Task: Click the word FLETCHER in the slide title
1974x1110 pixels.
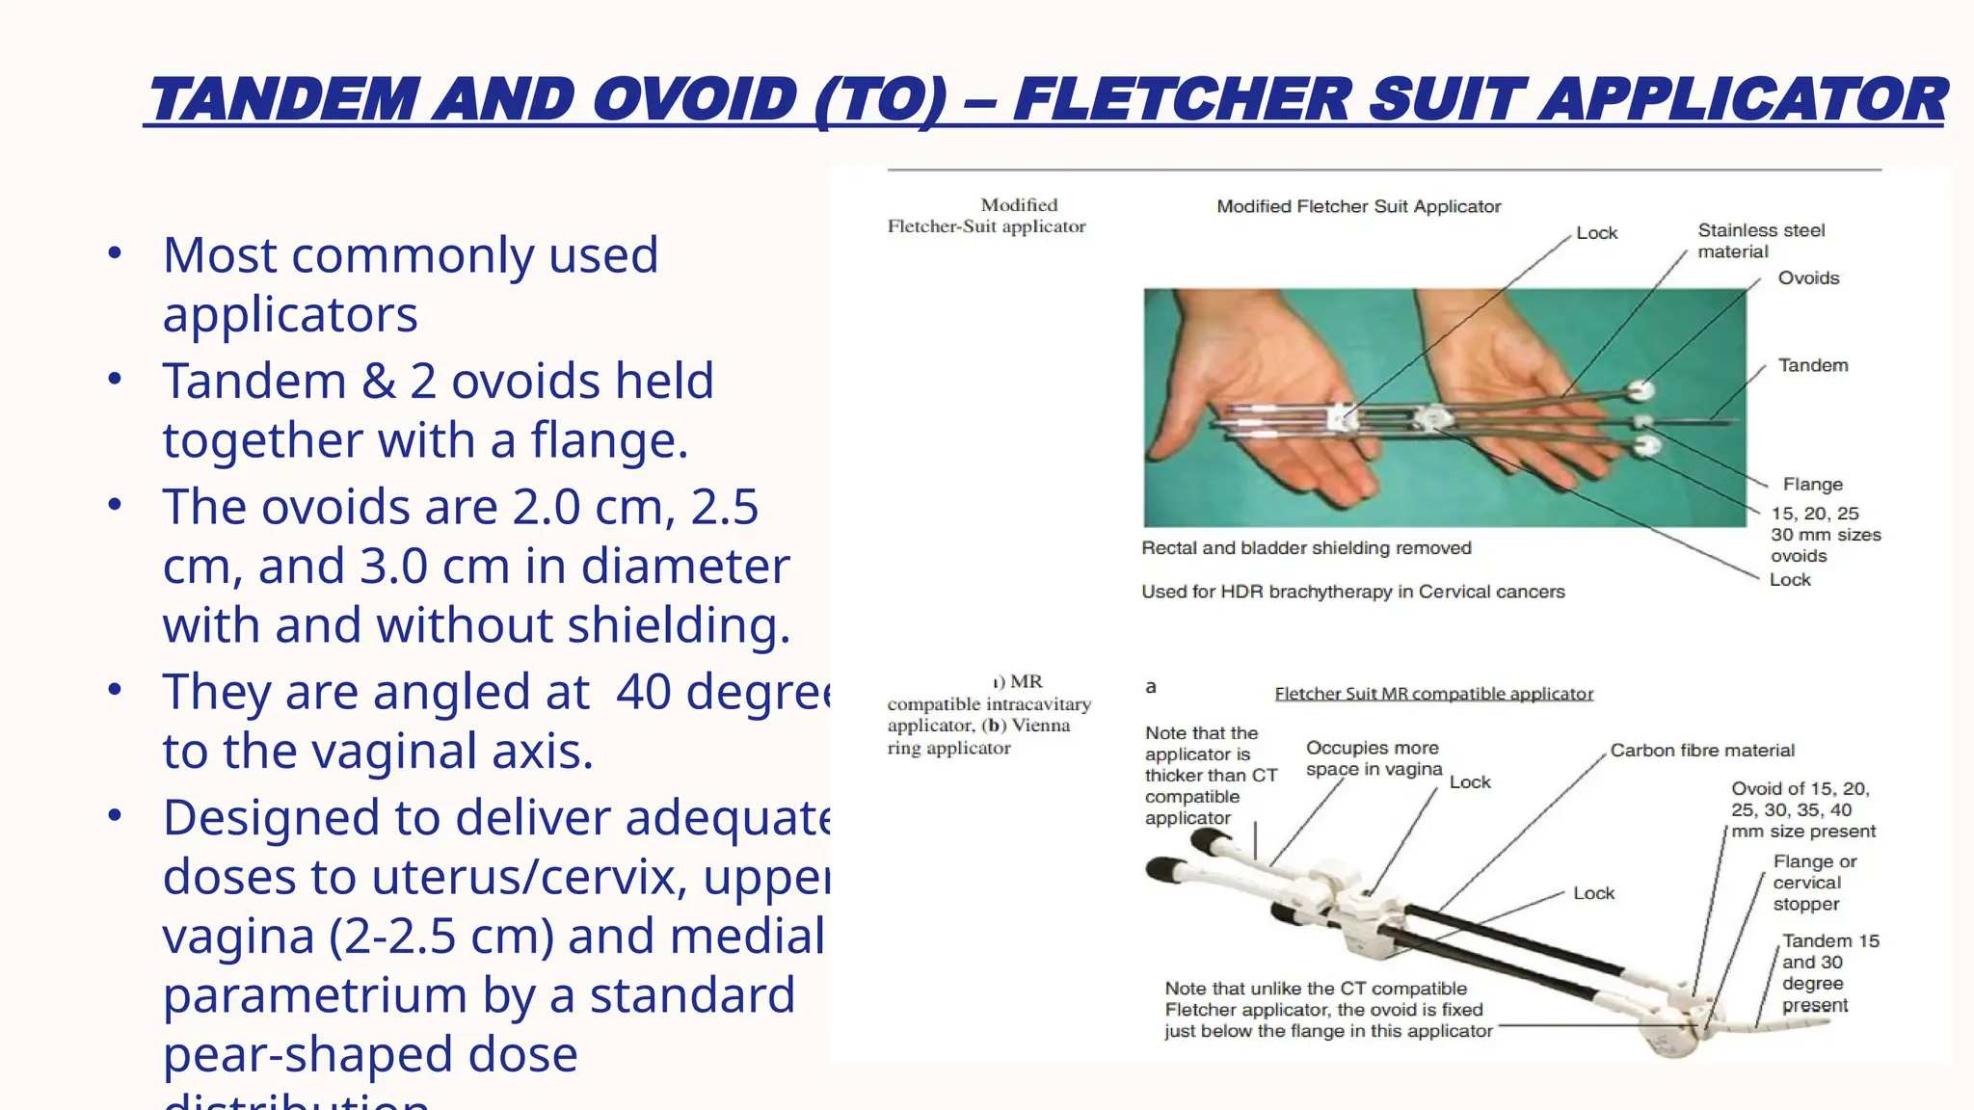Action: click(1181, 100)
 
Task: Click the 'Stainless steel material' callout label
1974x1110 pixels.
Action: click(1761, 241)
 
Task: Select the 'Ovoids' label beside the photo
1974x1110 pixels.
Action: click(1808, 278)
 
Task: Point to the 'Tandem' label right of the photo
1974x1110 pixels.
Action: click(1813, 366)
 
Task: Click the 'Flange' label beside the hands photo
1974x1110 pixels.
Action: click(1812, 485)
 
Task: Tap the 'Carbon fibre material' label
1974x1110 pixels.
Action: click(1702, 751)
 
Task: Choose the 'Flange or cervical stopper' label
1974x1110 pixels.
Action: click(1813, 883)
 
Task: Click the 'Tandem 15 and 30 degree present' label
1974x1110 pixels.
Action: click(1829, 972)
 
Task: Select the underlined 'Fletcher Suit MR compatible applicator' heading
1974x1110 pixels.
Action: click(1433, 694)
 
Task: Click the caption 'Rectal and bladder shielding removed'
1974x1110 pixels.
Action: click(1306, 548)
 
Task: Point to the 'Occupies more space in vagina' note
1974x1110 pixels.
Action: click(1374, 758)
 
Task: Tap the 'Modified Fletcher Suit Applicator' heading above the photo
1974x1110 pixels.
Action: click(1358, 206)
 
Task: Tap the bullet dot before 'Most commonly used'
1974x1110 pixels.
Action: click(115, 253)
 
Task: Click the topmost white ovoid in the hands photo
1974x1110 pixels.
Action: click(1641, 390)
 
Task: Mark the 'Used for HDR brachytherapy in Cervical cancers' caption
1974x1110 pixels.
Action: click(1352, 592)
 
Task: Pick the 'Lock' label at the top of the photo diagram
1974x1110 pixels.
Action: click(1596, 233)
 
